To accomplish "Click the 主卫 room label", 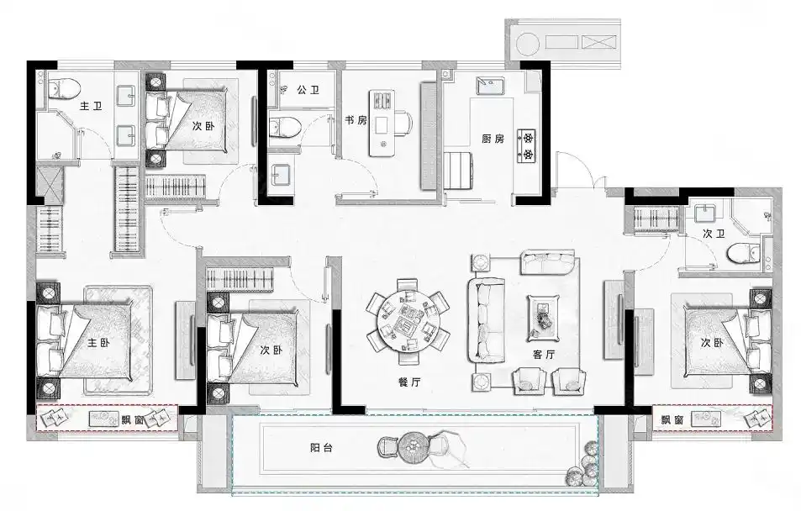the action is [91, 106].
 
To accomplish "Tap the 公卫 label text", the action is [308, 90].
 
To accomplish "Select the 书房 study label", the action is [356, 120].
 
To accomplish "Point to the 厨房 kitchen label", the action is [493, 139].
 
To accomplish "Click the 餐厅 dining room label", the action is [409, 382].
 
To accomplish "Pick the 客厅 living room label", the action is [544, 354].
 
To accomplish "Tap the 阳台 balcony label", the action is [321, 448].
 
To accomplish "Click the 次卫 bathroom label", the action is [714, 234].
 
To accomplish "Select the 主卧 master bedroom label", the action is [98, 342].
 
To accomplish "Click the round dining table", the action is [408, 321].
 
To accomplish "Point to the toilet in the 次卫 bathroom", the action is [744, 253].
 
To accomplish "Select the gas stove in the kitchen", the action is [528, 145].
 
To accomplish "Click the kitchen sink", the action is [490, 86].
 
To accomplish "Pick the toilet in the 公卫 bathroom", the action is [284, 127].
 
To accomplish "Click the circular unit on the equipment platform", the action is [528, 44].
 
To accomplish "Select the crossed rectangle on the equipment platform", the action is [598, 42].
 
